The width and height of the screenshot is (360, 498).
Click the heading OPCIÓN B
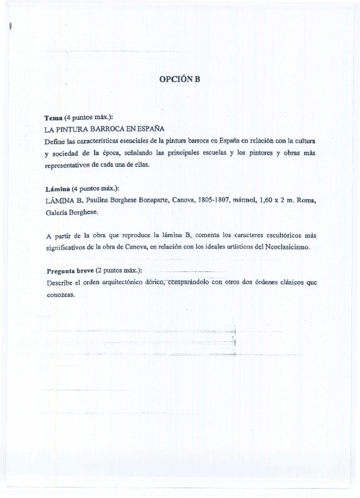click(180, 80)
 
